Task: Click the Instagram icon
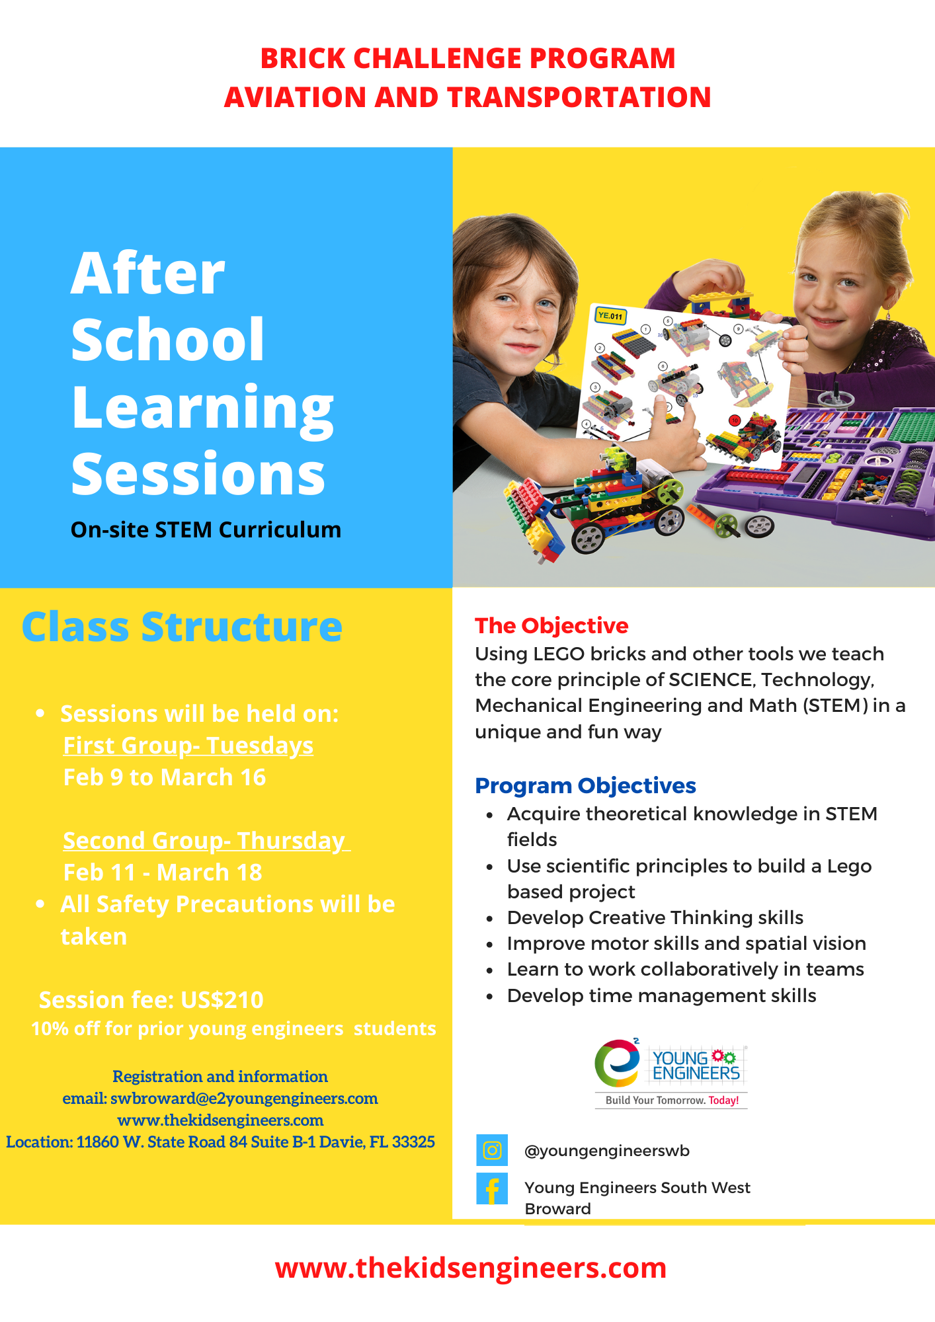[492, 1150]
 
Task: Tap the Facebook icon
[492, 1188]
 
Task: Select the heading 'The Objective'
[551, 625]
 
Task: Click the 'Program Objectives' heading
[585, 785]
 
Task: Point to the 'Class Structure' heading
[182, 627]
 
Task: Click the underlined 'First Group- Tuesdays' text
[188, 746]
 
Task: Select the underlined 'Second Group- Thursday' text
[206, 841]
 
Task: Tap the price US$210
[222, 999]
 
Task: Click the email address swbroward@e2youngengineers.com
[244, 1098]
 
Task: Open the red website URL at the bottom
[471, 1268]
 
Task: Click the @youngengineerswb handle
[607, 1151]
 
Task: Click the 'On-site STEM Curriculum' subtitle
[206, 529]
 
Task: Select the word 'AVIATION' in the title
[295, 97]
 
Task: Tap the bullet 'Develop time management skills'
[662, 995]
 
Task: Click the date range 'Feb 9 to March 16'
[165, 777]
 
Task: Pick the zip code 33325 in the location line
[413, 1142]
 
